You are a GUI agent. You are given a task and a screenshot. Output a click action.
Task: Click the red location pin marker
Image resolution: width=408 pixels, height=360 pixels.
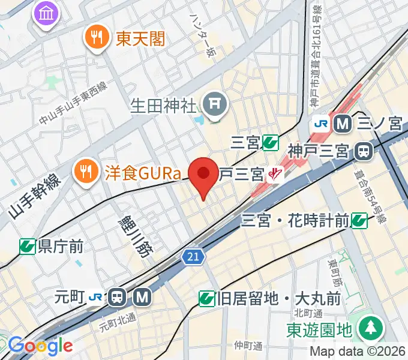coord(204,175)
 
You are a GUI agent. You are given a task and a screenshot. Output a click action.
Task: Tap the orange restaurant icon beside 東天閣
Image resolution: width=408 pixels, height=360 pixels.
coord(95,39)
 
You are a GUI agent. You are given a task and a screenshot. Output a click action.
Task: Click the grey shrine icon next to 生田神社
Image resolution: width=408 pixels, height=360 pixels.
coord(215,106)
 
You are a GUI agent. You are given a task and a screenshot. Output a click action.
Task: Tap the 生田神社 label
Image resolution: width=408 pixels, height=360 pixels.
coord(164,107)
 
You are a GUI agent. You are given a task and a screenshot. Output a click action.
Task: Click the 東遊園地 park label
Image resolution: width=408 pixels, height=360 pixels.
coord(318,329)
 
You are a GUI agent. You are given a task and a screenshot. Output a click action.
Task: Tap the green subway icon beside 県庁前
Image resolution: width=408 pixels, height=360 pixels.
coord(27,246)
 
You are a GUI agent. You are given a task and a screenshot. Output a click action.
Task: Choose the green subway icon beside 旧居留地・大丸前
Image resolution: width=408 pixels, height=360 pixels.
coord(206,298)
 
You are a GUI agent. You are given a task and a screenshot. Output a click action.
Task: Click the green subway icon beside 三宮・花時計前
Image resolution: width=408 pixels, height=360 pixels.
coord(359,221)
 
